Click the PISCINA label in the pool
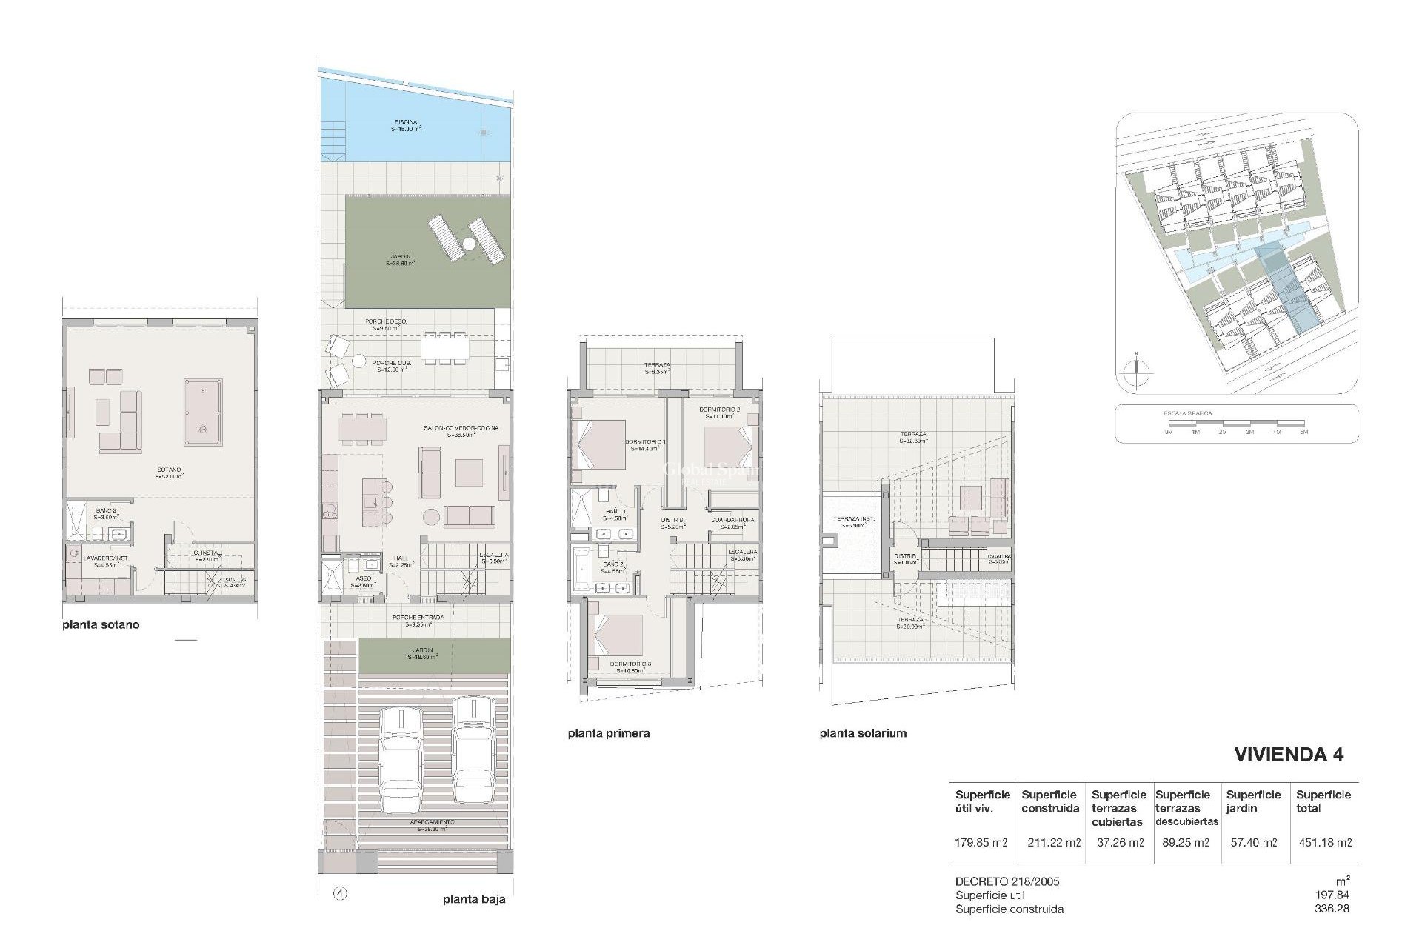406,122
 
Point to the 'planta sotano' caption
101,624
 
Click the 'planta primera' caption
609,733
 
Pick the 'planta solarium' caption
863,733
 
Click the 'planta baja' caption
474,900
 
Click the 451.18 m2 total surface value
1326,842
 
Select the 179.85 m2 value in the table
981,842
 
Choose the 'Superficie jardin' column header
1253,801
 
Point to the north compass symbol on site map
1135,373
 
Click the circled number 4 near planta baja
340,894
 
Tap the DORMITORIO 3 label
630,664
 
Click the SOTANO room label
169,470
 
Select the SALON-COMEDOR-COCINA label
461,428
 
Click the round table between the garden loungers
469,243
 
